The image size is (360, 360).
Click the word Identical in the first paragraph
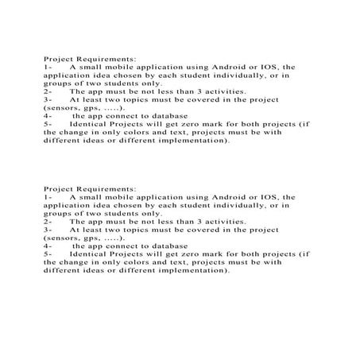(87, 124)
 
